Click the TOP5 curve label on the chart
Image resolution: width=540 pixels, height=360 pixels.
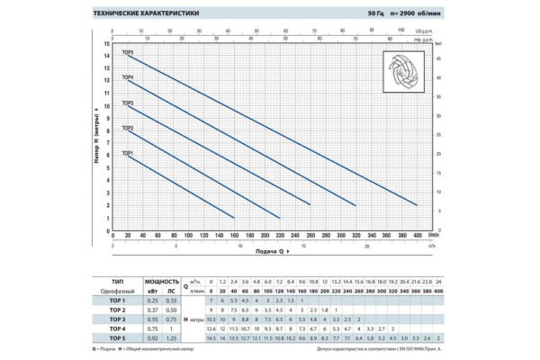click(127, 53)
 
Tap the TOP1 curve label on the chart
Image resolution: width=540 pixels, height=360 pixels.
click(127, 153)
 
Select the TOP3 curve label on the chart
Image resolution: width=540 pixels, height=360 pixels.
click(127, 103)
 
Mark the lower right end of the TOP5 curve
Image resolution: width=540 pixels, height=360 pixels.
click(417, 205)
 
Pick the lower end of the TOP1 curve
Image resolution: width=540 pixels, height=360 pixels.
click(233, 218)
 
